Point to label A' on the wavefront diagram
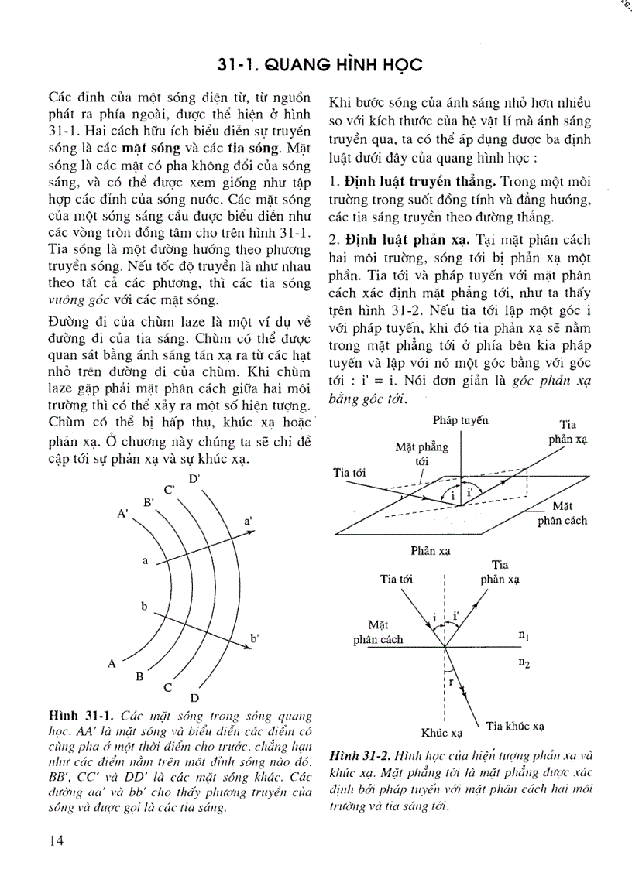(122, 513)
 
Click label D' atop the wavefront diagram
(194, 477)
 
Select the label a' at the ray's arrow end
(248, 523)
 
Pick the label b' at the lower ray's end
(254, 638)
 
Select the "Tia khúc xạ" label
(515, 726)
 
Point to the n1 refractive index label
(524, 635)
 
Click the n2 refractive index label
(524, 663)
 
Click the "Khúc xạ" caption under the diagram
(441, 732)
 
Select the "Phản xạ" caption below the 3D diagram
(432, 551)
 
